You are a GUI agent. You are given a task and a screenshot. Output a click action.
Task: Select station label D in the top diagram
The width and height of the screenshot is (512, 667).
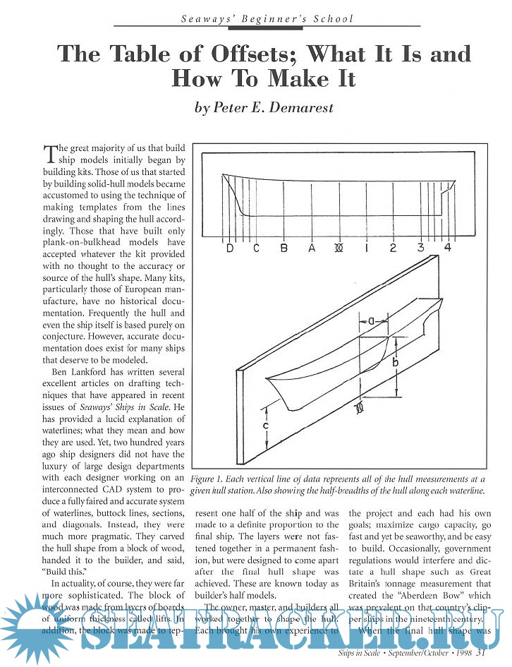pos(230,248)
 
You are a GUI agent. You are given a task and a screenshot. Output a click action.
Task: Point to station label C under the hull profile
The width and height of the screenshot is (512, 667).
pos(256,248)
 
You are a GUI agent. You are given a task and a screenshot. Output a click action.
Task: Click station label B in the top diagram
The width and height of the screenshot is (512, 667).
pos(284,248)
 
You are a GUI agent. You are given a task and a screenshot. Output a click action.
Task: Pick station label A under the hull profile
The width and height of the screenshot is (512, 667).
pos(312,248)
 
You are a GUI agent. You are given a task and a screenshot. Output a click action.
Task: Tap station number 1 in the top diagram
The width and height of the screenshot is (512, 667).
pos(366,248)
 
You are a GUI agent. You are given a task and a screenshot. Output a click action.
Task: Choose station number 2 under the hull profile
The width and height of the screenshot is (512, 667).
pos(393,248)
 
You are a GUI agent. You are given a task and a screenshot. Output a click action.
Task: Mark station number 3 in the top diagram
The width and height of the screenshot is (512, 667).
pos(420,247)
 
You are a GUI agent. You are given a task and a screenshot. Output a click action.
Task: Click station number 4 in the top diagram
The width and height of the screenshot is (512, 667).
pos(447,247)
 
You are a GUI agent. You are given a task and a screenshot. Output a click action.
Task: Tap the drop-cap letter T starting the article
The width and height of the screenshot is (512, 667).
pos(49,155)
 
